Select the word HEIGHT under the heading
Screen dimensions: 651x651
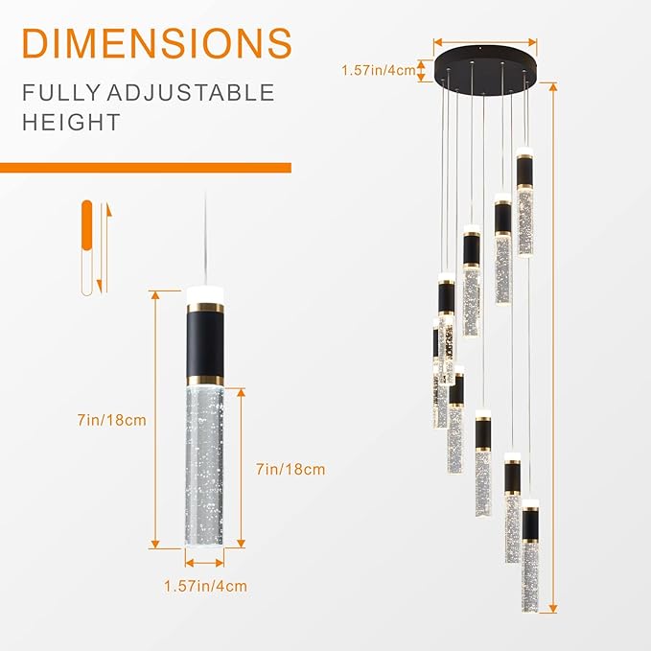click(x=73, y=123)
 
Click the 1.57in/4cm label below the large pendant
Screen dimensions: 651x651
click(x=205, y=586)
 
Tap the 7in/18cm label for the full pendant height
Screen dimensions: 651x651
click(x=112, y=420)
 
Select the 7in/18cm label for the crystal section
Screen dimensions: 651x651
click(x=291, y=469)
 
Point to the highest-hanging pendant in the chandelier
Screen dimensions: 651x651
click(x=524, y=201)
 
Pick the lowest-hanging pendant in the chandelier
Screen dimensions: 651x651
click(x=530, y=556)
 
